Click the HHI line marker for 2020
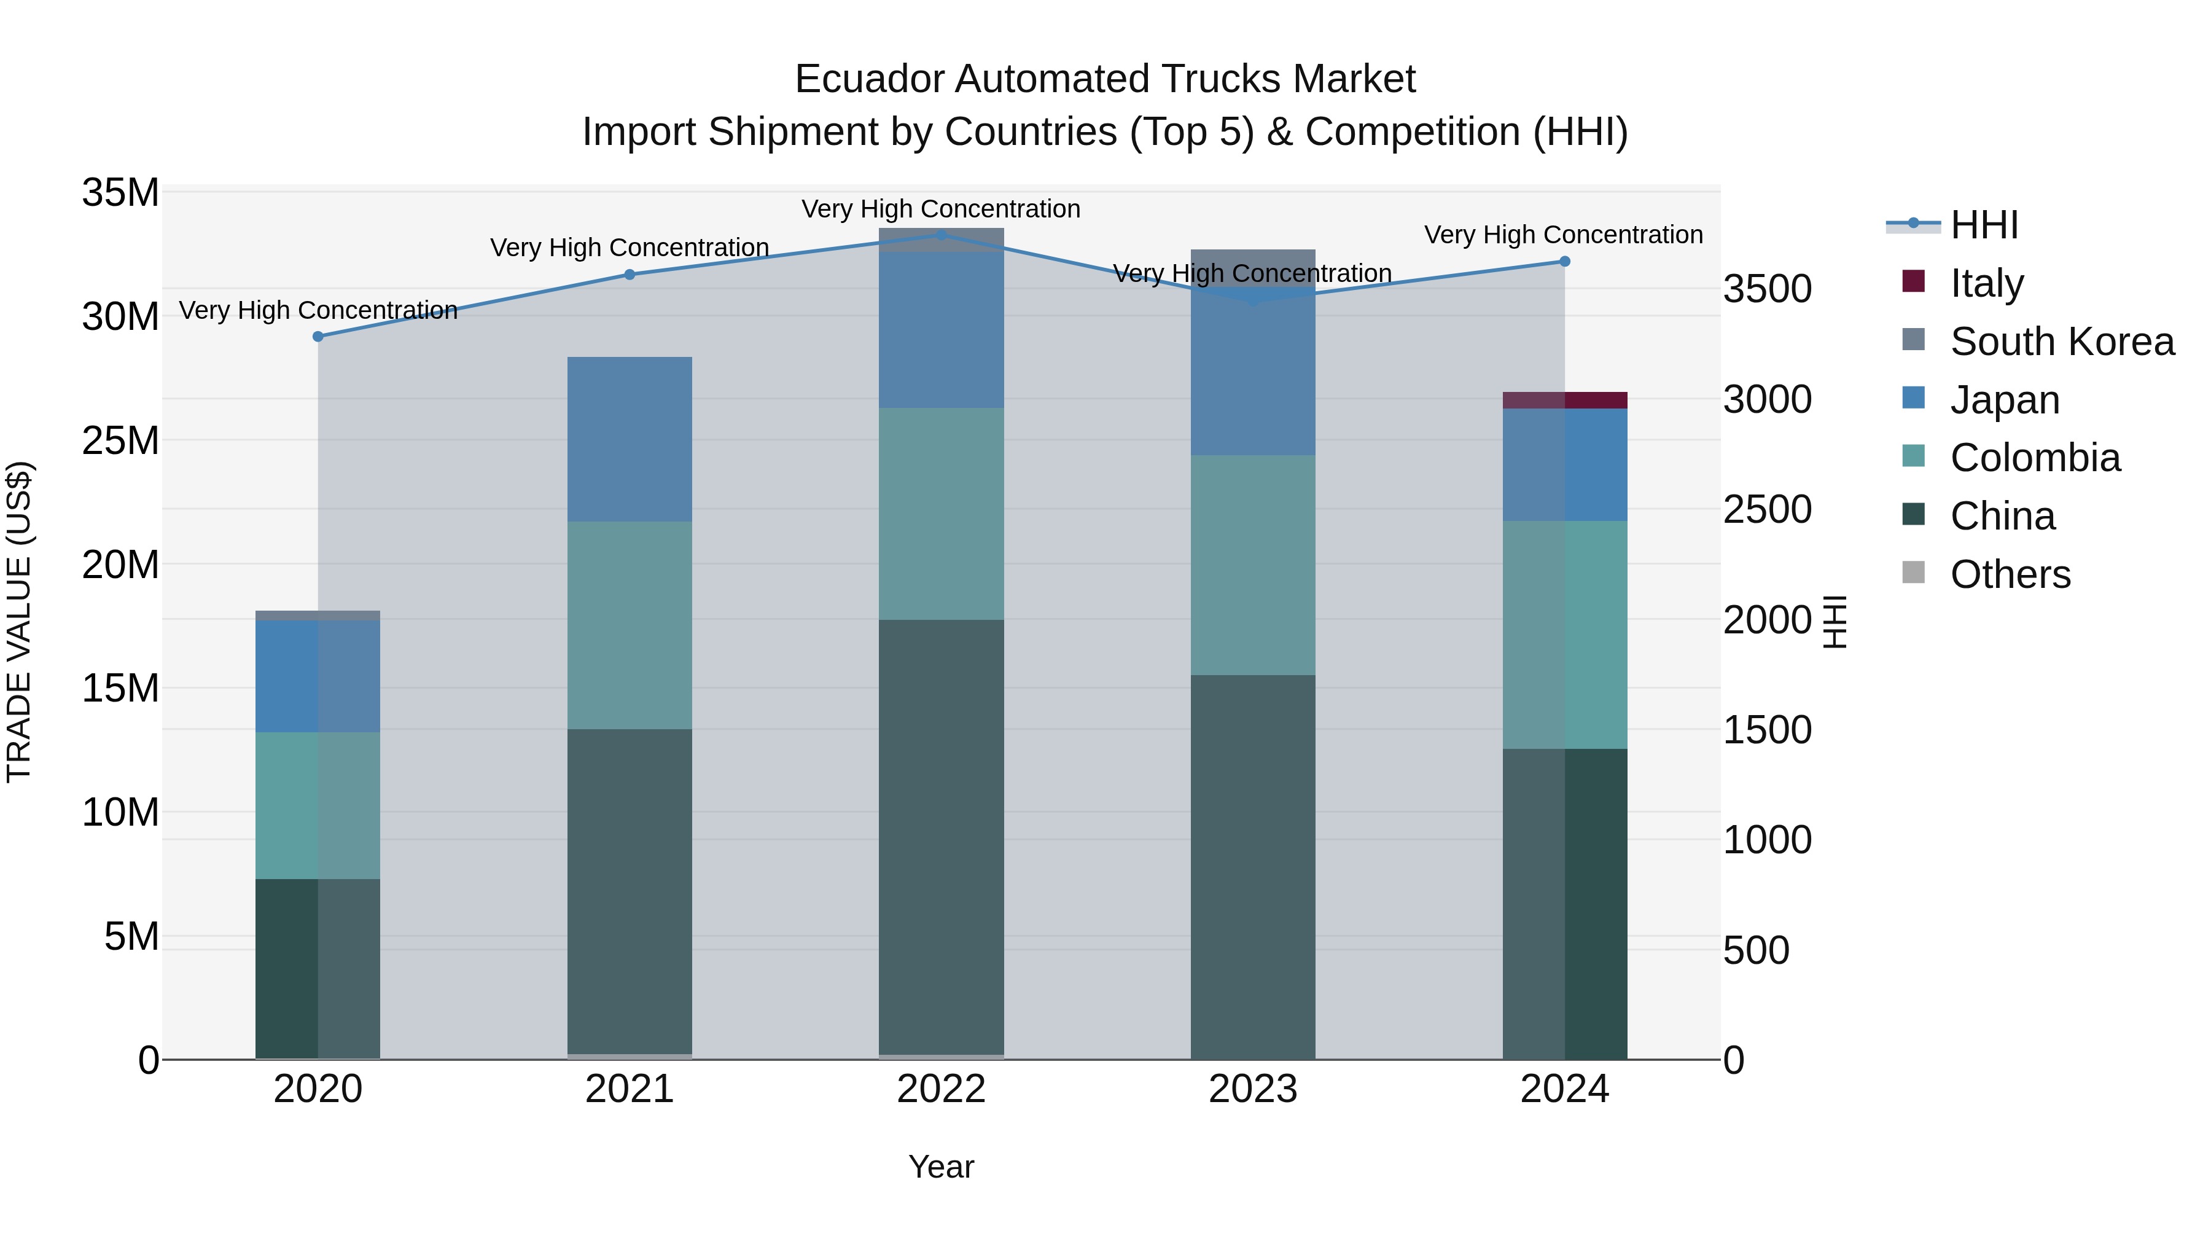[318, 337]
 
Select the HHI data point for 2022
[941, 235]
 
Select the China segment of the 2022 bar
[941, 837]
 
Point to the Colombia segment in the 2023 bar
[1252, 565]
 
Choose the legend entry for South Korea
[2062, 342]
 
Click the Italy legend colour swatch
[1913, 281]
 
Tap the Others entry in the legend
[2010, 574]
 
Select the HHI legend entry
[1984, 225]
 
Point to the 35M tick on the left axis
[120, 192]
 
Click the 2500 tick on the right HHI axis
[1766, 509]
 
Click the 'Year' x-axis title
[941, 1167]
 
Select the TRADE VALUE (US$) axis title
[19, 622]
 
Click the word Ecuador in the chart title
[868, 79]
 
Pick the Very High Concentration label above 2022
[941, 209]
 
